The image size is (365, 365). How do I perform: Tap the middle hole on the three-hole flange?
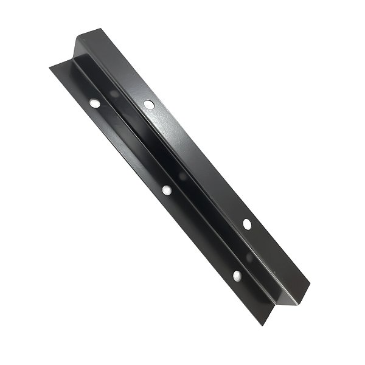point(167,190)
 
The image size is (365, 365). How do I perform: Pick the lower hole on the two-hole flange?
point(247,224)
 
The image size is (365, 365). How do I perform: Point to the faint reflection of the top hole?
point(114,92)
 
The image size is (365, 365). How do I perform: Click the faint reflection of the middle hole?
point(182,177)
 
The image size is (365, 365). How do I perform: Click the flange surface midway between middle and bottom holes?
point(201,234)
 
